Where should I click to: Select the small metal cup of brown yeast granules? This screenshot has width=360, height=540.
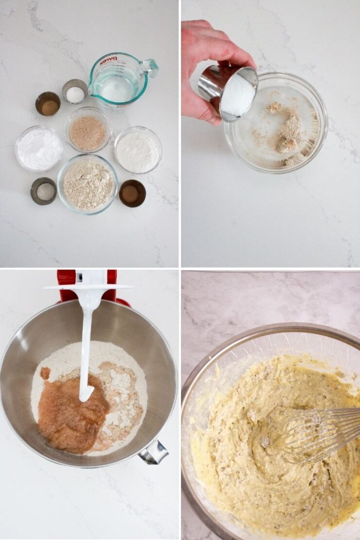tap(48, 104)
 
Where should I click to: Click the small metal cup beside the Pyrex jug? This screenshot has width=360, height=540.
tap(75, 92)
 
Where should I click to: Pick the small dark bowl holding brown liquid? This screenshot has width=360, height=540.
tap(132, 193)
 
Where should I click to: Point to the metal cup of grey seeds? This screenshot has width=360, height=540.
tap(44, 191)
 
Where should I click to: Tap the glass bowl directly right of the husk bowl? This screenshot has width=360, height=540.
tap(138, 150)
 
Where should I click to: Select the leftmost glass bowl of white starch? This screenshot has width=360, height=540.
tap(39, 148)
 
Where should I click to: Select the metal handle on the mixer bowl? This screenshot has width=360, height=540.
tap(154, 453)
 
